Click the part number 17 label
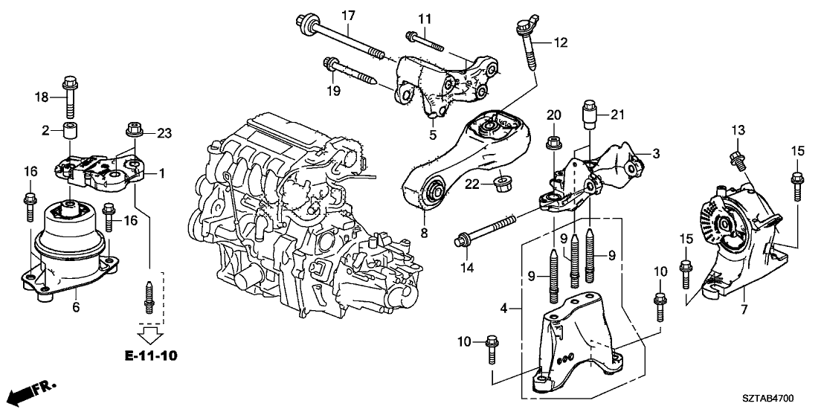349,14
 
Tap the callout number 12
561,44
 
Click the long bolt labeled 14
487,230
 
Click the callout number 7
743,306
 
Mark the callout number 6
76,306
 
